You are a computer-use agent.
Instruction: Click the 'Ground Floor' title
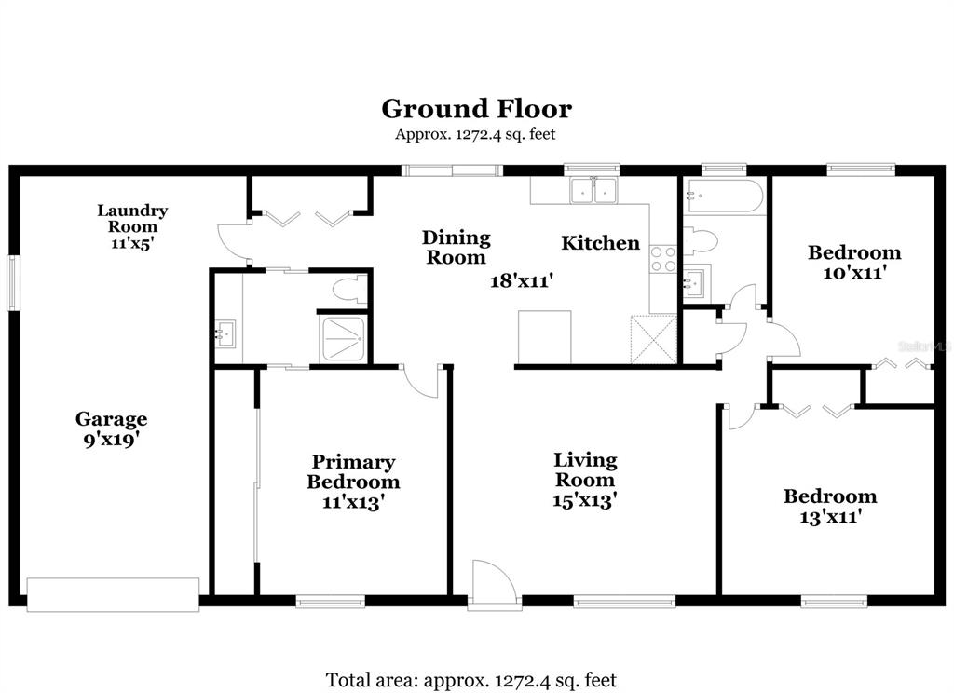(476, 109)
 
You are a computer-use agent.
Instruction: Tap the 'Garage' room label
(112, 418)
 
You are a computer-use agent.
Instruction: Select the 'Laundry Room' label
(132, 219)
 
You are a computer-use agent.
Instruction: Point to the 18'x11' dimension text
(522, 280)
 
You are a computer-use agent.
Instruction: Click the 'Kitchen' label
(601, 243)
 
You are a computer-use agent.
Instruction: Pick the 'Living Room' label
(585, 469)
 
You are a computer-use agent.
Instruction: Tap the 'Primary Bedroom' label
(353, 471)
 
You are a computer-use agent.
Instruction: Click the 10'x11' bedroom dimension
(853, 273)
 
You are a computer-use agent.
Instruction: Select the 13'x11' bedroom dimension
(830, 517)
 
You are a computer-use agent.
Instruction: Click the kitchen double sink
(593, 190)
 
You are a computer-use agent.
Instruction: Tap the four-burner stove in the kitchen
(663, 259)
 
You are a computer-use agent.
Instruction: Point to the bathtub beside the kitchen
(723, 196)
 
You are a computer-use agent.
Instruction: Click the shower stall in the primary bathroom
(343, 339)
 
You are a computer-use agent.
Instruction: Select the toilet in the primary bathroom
(350, 291)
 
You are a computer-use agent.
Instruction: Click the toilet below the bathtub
(701, 241)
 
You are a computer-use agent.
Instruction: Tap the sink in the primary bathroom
(226, 334)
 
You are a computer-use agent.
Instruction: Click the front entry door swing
(495, 583)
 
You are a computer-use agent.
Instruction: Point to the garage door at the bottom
(113, 594)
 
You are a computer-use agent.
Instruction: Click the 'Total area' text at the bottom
(471, 680)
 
